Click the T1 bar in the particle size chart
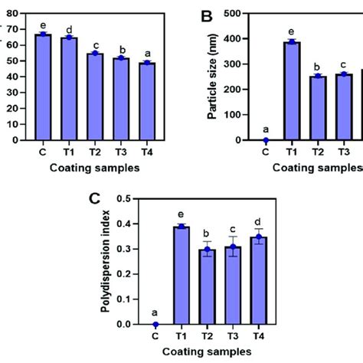click(290, 92)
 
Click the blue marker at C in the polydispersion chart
click(158, 325)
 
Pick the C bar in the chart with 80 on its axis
click(44, 87)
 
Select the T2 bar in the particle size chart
click(316, 108)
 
